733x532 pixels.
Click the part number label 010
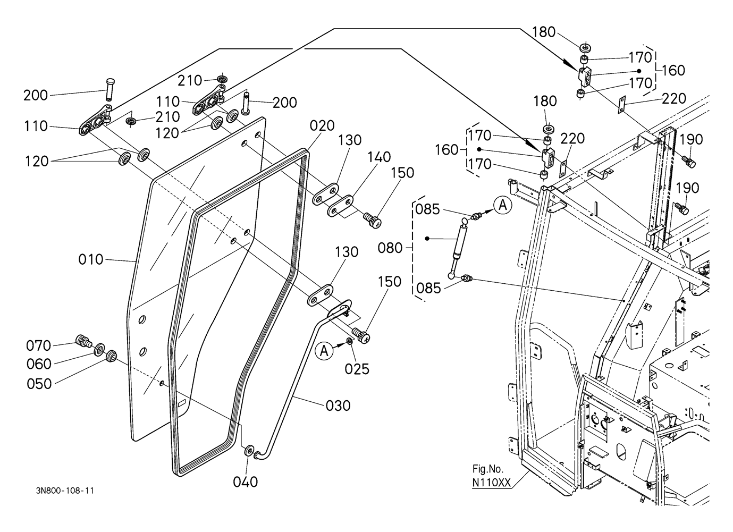[x=91, y=260]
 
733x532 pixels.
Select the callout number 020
[x=323, y=125]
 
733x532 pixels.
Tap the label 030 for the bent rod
[x=338, y=406]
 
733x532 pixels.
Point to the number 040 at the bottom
[x=246, y=482]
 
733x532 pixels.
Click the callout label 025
[x=357, y=368]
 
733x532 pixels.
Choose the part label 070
[x=39, y=346]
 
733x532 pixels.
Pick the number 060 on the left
[x=39, y=364]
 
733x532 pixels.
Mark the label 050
[x=39, y=383]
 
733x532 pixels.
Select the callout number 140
[x=379, y=157]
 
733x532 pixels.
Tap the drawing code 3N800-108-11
[x=62, y=505]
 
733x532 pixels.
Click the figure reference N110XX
[x=492, y=483]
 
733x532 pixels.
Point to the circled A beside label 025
[x=324, y=350]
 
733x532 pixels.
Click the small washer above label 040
[x=248, y=451]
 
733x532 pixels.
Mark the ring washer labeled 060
[x=99, y=350]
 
